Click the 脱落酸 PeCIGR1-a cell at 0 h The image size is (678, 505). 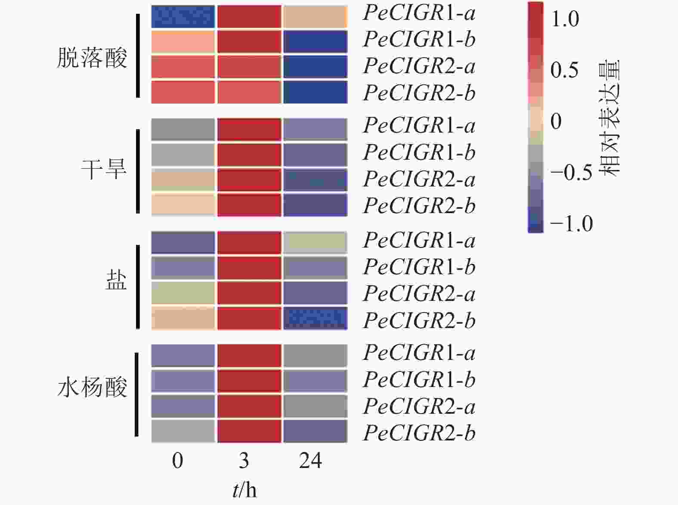coord(183,16)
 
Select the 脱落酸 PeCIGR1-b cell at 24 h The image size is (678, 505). coord(315,41)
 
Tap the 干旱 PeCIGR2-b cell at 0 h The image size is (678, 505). coord(183,205)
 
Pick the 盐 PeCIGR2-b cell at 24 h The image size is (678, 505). coord(315,318)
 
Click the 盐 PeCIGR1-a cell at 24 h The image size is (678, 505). coord(315,243)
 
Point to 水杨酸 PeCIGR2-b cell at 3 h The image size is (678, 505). coord(249,431)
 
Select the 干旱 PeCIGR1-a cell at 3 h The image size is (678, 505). coord(249,130)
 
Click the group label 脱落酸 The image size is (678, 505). coord(92,58)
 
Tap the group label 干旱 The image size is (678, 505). coord(104,169)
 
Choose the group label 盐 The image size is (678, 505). coord(116,281)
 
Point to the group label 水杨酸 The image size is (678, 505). coord(92,387)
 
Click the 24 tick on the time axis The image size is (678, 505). coord(310,461)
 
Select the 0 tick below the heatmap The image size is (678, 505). coord(178,461)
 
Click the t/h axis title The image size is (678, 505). coord(245,490)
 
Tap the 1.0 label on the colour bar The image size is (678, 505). coord(565,19)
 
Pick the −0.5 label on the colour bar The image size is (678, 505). coord(571,172)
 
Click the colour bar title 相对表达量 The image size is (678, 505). coord(610,118)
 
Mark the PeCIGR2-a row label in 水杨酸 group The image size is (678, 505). coord(419,406)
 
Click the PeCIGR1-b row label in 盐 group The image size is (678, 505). coord(419,266)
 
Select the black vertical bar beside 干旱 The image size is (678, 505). coord(138,171)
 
